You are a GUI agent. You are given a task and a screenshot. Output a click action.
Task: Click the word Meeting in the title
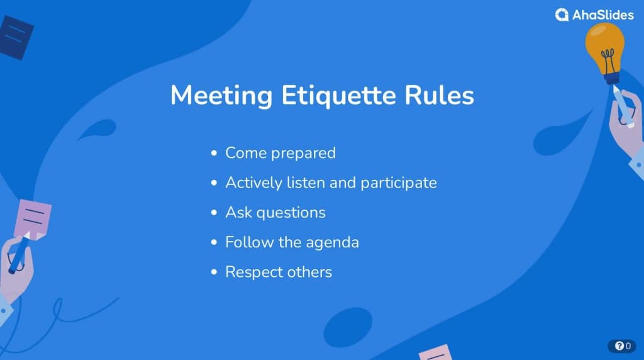pyautogui.click(x=221, y=96)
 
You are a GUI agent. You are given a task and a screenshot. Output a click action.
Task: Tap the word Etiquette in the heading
pyautogui.click(x=339, y=96)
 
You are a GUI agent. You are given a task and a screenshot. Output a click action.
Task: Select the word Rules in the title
pyautogui.click(x=439, y=95)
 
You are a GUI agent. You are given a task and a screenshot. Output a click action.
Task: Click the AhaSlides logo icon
pyautogui.click(x=562, y=15)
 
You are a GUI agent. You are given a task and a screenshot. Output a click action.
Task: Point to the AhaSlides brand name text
pyautogui.click(x=603, y=15)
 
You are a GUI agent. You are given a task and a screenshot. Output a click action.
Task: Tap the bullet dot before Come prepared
pyautogui.click(x=214, y=154)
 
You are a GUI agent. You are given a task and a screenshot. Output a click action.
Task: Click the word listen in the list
pyautogui.click(x=306, y=183)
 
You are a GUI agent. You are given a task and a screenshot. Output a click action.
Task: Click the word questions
pyautogui.click(x=291, y=213)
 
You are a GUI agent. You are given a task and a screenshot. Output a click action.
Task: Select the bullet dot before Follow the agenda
pyautogui.click(x=214, y=242)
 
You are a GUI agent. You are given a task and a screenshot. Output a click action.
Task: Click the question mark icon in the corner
pyautogui.click(x=619, y=346)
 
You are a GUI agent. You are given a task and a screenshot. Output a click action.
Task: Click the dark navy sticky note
pyautogui.click(x=16, y=37)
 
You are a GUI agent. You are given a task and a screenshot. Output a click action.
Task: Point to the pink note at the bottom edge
pyautogui.click(x=435, y=352)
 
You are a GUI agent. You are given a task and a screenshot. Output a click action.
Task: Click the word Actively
pyautogui.click(x=254, y=183)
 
